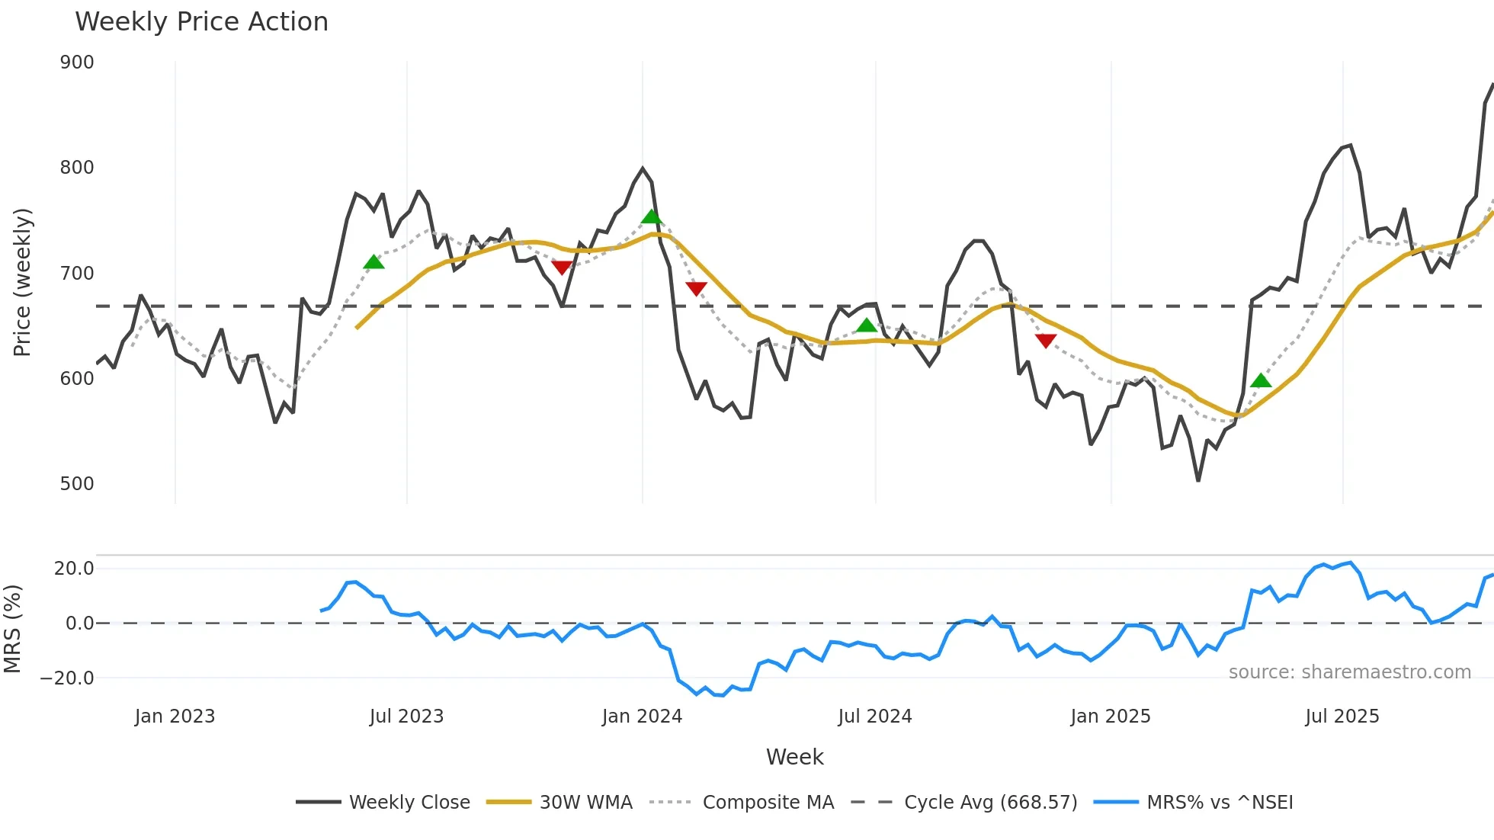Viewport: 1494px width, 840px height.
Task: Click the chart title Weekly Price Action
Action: tap(201, 22)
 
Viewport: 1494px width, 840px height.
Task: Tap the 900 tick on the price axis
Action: tap(77, 63)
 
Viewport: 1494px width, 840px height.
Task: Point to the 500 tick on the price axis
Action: tap(77, 484)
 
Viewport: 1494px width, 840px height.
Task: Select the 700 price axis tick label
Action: tap(77, 274)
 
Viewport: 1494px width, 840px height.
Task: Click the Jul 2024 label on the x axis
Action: tap(874, 717)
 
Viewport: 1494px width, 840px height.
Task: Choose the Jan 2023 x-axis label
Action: tap(175, 717)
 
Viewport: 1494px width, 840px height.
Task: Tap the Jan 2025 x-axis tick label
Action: tap(1110, 717)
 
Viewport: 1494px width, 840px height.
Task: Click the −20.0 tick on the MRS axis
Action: tap(68, 678)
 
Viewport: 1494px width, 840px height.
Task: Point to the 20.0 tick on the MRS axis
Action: tap(74, 569)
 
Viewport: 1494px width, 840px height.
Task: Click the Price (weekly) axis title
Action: tap(23, 282)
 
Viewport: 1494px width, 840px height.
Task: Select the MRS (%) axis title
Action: tap(13, 629)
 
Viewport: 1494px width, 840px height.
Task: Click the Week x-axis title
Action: tap(794, 757)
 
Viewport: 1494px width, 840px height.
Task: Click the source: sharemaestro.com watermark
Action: tap(1349, 672)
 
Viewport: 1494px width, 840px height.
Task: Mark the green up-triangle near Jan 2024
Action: tap(651, 217)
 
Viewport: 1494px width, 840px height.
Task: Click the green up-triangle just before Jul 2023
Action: tap(373, 262)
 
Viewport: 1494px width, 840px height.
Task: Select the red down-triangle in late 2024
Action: tap(1046, 341)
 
